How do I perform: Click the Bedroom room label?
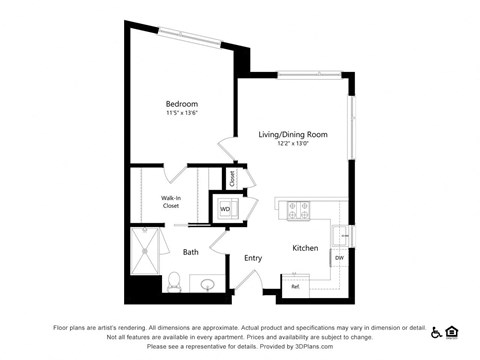click(181, 104)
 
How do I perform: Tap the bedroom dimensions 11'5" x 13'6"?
click(181, 113)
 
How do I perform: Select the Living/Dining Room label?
click(293, 134)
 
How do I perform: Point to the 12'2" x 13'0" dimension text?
click(293, 143)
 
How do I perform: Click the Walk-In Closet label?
click(171, 202)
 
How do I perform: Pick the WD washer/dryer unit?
click(225, 210)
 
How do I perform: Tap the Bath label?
click(190, 252)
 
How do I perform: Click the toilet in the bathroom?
click(172, 281)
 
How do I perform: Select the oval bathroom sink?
click(209, 285)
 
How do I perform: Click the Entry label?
click(253, 258)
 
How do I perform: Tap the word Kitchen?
click(305, 248)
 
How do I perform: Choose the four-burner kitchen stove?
click(298, 210)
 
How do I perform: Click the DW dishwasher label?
click(339, 258)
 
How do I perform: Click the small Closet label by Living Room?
click(232, 180)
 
